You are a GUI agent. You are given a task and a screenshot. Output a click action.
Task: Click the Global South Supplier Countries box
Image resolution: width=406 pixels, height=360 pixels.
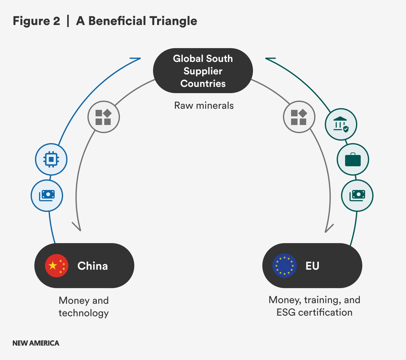pos(203,71)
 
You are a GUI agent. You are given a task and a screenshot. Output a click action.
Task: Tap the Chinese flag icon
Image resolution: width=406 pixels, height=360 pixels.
pos(57,266)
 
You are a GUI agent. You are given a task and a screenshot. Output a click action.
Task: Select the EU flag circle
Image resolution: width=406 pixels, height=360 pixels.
pos(284,266)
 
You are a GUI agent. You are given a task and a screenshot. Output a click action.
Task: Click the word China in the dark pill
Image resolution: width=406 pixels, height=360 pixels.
pos(92,266)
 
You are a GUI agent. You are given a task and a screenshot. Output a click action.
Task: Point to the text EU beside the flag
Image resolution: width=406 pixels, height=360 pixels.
pos(312,266)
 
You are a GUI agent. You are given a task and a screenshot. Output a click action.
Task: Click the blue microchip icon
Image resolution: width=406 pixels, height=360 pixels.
pos(51,159)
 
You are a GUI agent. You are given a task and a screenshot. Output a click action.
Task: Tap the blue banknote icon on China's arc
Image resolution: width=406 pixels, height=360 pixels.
pos(47,196)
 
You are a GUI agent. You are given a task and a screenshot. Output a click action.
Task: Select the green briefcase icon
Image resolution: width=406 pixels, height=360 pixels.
pos(353,159)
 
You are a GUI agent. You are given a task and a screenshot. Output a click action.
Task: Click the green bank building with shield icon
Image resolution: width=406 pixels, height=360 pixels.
pos(341,124)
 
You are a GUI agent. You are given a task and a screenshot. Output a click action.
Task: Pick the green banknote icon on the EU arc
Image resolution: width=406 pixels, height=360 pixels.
pos(357,196)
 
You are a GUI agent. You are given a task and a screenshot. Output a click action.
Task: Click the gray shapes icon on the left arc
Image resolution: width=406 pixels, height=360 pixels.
pos(103,117)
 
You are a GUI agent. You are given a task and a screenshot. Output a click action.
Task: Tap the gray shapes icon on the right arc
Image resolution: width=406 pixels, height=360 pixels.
pos(299,117)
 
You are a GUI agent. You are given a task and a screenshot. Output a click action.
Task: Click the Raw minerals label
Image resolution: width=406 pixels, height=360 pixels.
pos(204,106)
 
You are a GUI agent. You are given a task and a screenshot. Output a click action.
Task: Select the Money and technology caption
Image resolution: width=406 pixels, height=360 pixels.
pos(84,307)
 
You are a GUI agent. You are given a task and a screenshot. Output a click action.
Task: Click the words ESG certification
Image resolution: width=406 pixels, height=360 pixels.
pos(314,312)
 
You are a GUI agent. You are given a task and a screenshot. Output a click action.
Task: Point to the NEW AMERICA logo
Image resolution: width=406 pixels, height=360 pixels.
pos(36,343)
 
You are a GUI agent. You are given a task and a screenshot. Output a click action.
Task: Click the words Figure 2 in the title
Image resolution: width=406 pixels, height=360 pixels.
pos(36,21)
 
